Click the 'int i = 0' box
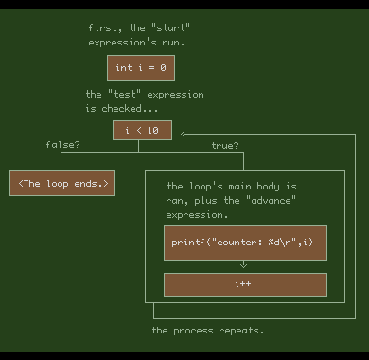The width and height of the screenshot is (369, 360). (141, 68)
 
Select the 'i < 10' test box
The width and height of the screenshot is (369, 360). (142, 131)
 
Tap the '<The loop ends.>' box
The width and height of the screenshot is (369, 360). (62, 183)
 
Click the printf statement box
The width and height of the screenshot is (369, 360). (245, 243)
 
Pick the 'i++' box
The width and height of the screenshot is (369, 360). (245, 284)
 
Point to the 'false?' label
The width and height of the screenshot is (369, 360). (62, 145)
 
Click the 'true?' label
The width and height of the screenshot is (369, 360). (224, 145)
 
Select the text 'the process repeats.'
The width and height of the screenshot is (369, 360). (208, 331)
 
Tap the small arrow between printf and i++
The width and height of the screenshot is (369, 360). (244, 266)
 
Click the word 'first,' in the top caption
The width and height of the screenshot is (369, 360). (105, 28)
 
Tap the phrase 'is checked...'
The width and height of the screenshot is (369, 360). (122, 109)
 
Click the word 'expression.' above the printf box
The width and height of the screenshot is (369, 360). (197, 215)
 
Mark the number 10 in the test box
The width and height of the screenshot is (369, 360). (153, 131)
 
